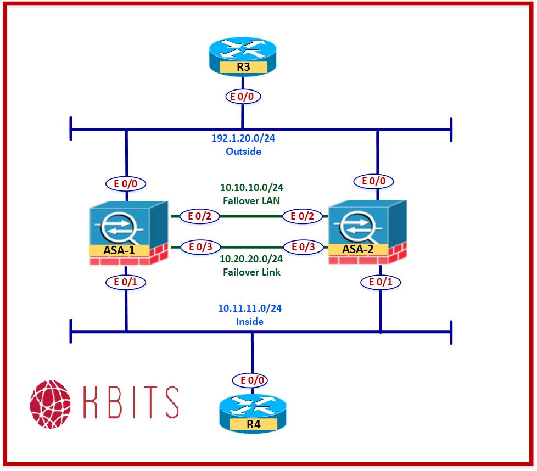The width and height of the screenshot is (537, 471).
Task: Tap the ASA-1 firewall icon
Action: point(128,233)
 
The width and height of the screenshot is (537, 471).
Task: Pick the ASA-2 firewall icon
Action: point(366,233)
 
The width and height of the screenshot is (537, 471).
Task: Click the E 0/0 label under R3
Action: point(243,97)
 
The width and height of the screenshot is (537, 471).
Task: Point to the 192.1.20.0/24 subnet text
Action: point(243,138)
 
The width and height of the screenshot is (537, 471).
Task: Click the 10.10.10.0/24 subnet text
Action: point(251,188)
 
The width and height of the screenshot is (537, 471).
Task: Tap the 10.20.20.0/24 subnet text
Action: point(251,259)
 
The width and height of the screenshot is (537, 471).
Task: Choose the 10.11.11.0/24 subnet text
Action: point(250,309)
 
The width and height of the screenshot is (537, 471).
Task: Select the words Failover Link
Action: point(251,272)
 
